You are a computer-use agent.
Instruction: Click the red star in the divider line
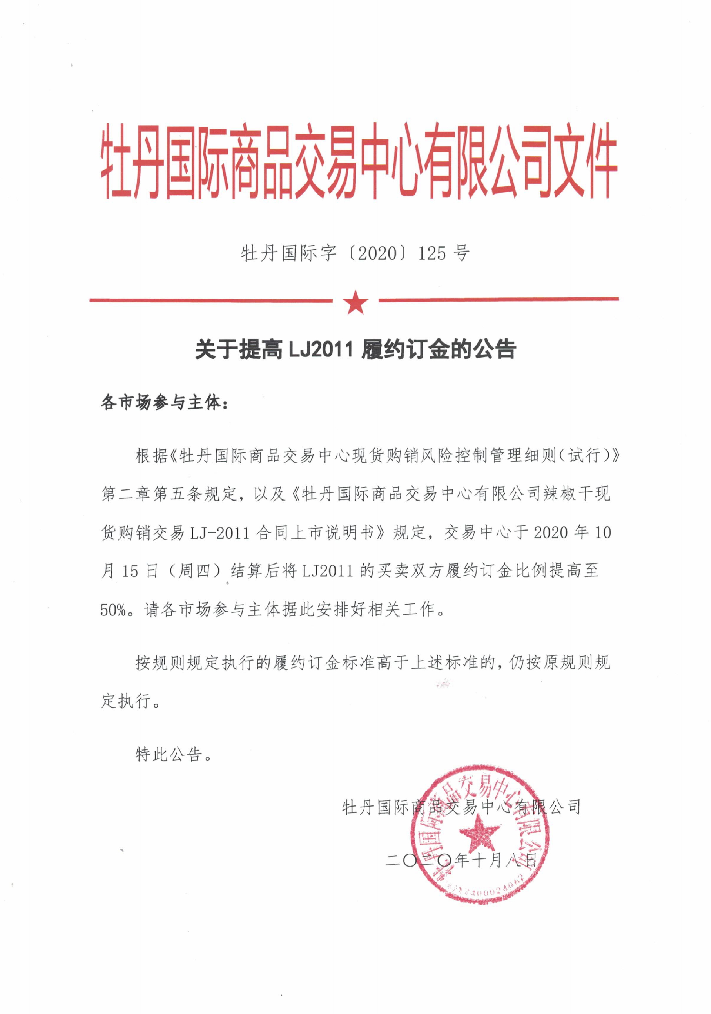[x=355, y=303]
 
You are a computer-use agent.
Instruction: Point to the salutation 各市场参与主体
[x=160, y=403]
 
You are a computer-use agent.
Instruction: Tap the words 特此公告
[x=168, y=755]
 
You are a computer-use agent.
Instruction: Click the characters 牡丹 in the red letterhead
[x=133, y=161]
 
